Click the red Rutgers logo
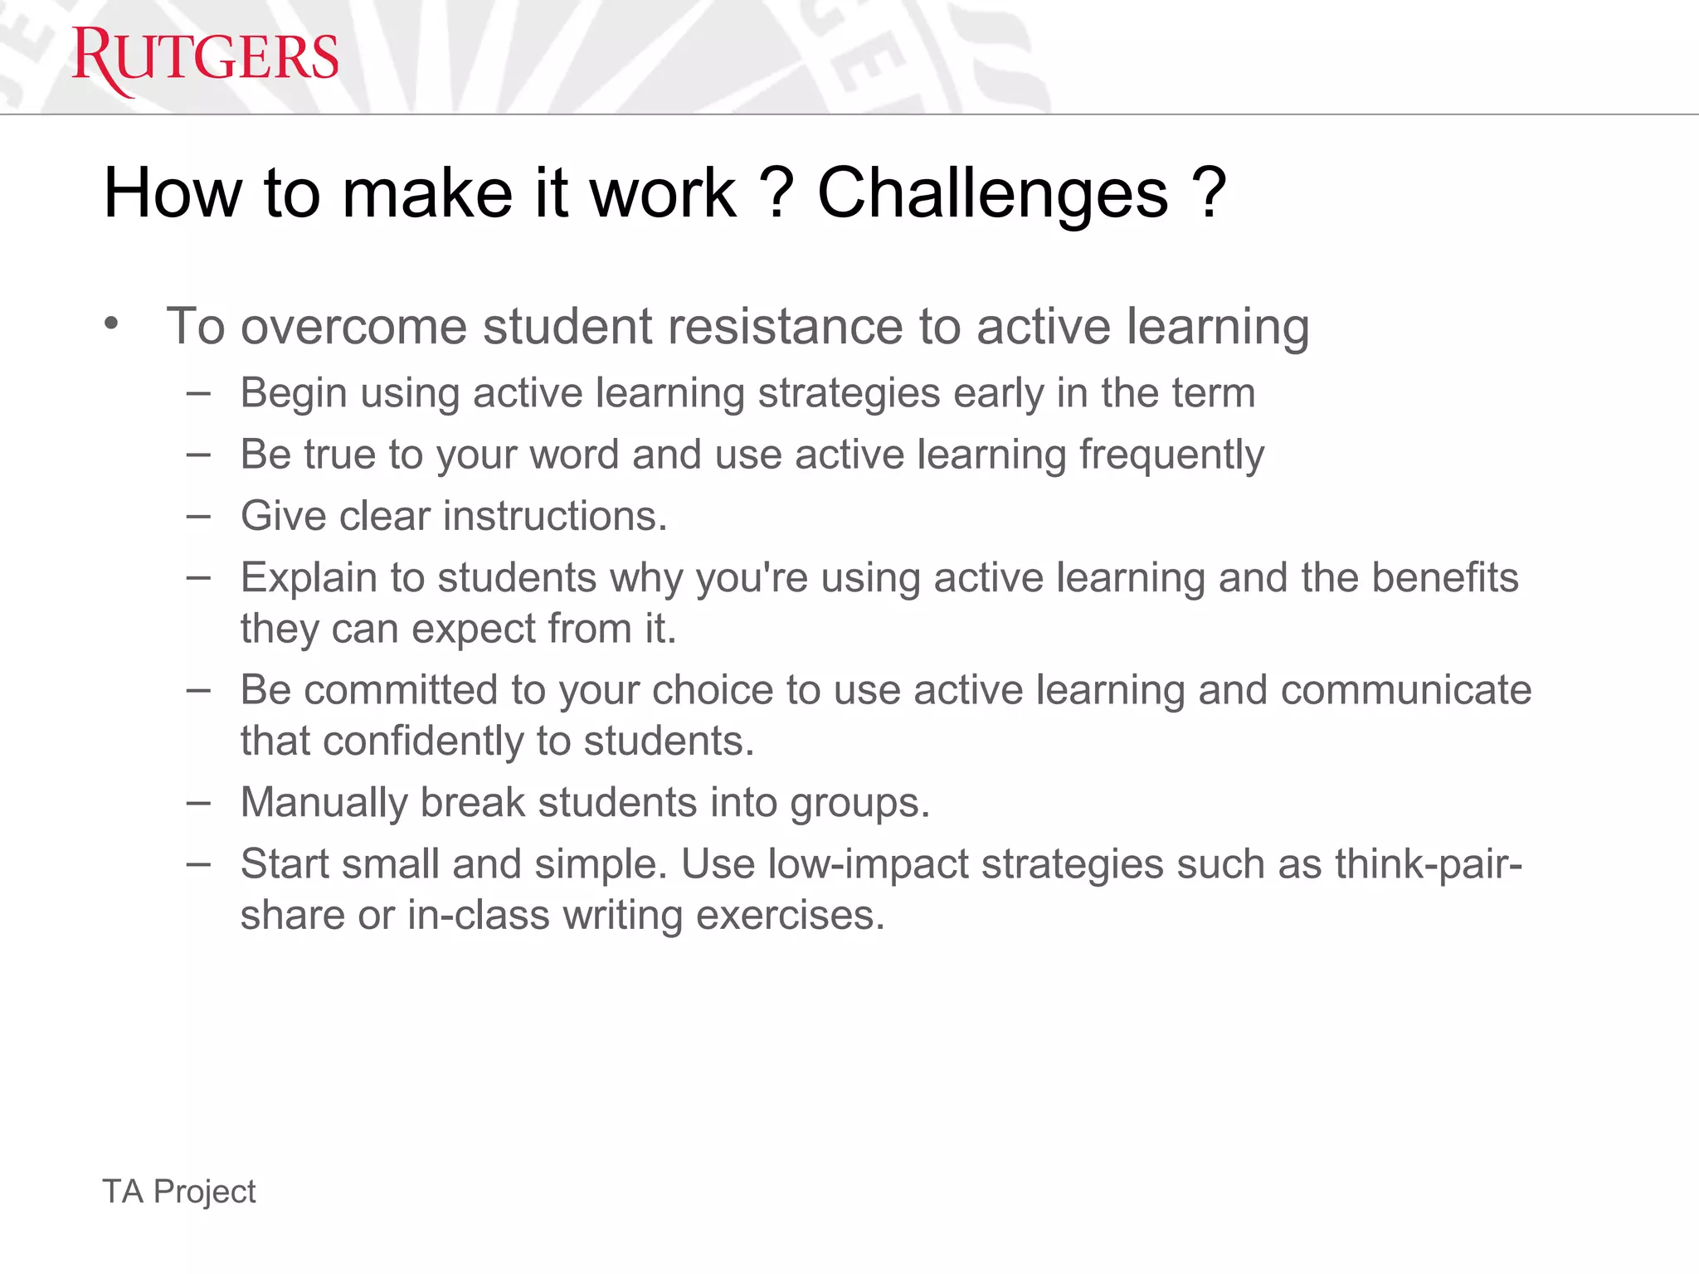click(x=205, y=59)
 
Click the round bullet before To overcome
click(x=112, y=323)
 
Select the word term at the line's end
click(x=1213, y=393)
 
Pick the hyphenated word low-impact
click(x=868, y=865)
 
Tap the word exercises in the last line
click(x=790, y=916)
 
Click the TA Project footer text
click(x=179, y=1192)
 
